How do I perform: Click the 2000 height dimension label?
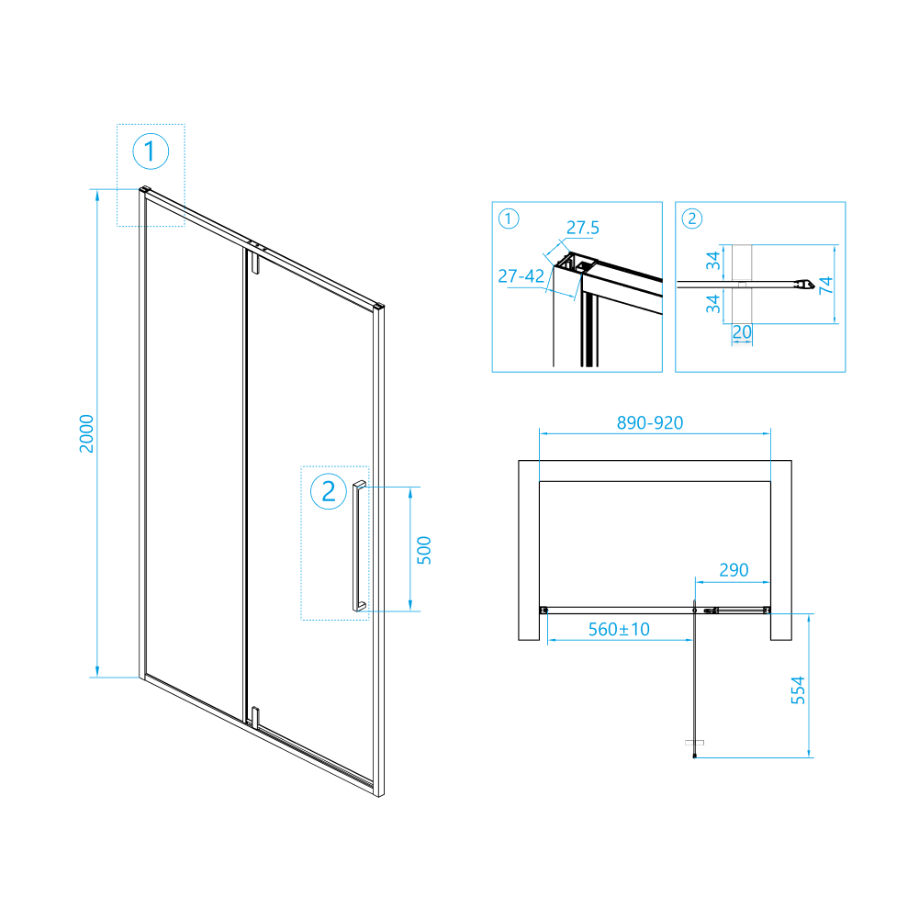pos(86,433)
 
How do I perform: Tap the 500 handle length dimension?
pos(424,550)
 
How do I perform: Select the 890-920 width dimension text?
pos(650,422)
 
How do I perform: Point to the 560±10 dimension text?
pos(619,630)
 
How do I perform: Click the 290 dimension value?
pos(734,570)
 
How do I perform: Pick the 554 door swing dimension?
pos(798,689)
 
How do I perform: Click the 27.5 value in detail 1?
pos(583,228)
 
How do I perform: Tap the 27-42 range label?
pos(521,275)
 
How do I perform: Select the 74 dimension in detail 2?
pos(825,285)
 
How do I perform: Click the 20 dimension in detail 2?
pos(742,332)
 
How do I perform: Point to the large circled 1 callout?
pos(151,151)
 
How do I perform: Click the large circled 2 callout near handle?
pos(329,491)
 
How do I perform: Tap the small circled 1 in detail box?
pos(508,219)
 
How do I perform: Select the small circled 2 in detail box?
pos(691,219)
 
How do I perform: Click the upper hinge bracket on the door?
pos(254,262)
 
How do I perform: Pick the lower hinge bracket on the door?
pos(255,718)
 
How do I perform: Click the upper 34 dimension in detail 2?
pos(712,260)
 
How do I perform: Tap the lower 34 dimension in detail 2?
pos(712,304)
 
